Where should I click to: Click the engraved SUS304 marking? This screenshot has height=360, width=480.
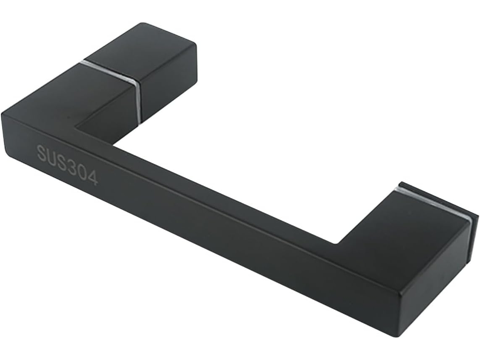(67, 165)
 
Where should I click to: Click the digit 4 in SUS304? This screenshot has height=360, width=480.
(93, 177)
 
